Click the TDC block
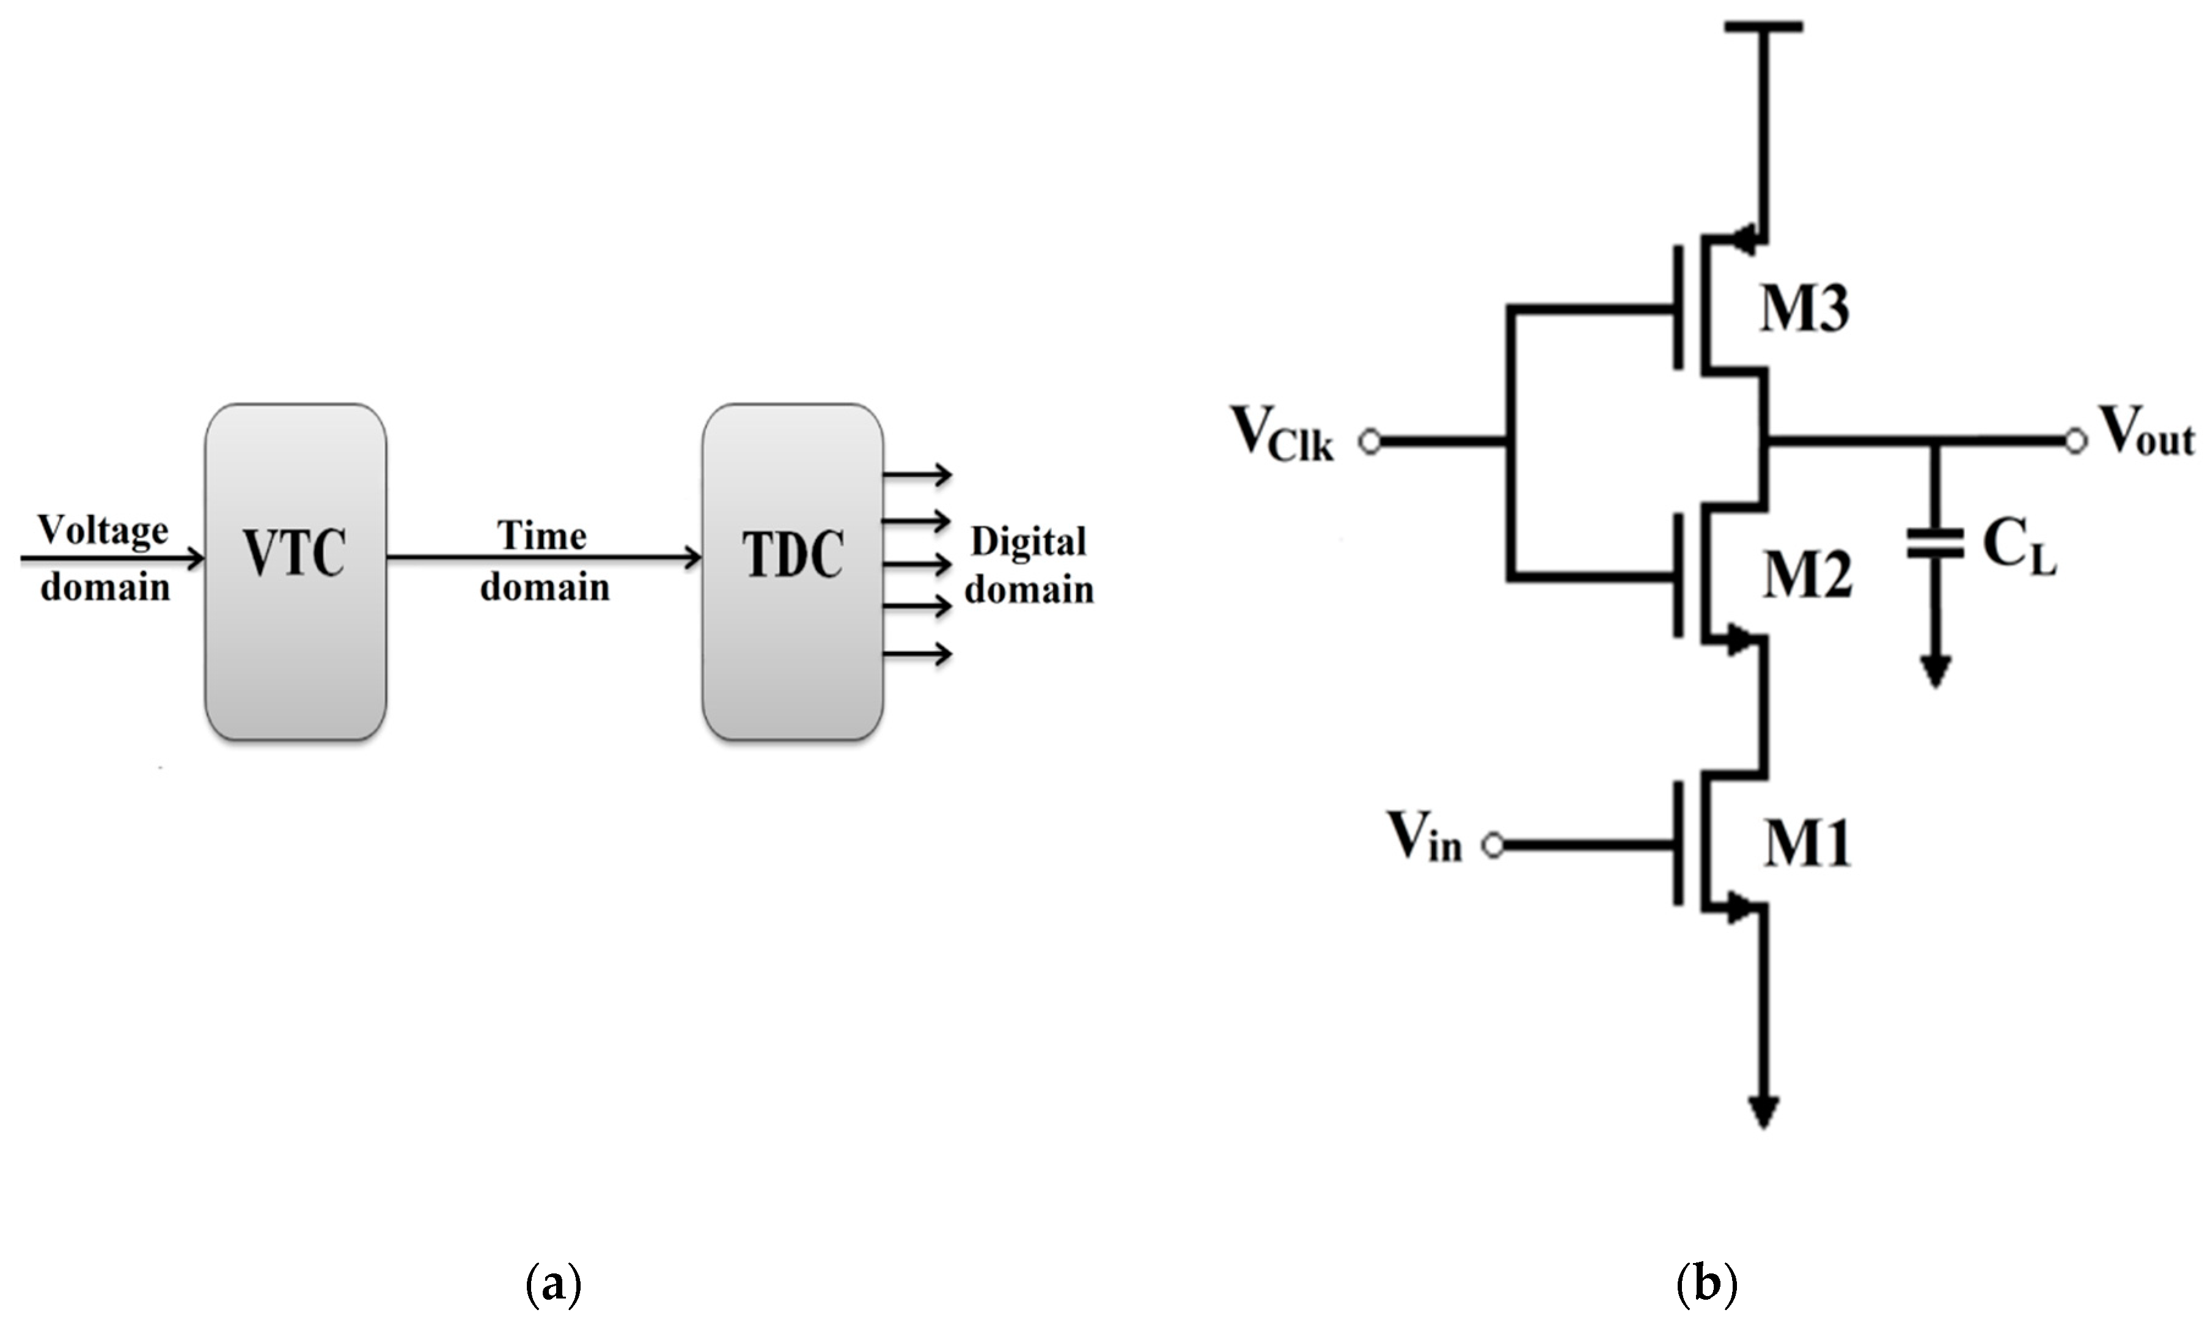[x=792, y=572]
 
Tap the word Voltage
[x=103, y=531]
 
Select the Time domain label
[x=544, y=561]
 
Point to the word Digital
[x=1028, y=542]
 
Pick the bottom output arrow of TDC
[x=917, y=654]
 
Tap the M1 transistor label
[x=1806, y=844]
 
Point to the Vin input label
[x=1423, y=838]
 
